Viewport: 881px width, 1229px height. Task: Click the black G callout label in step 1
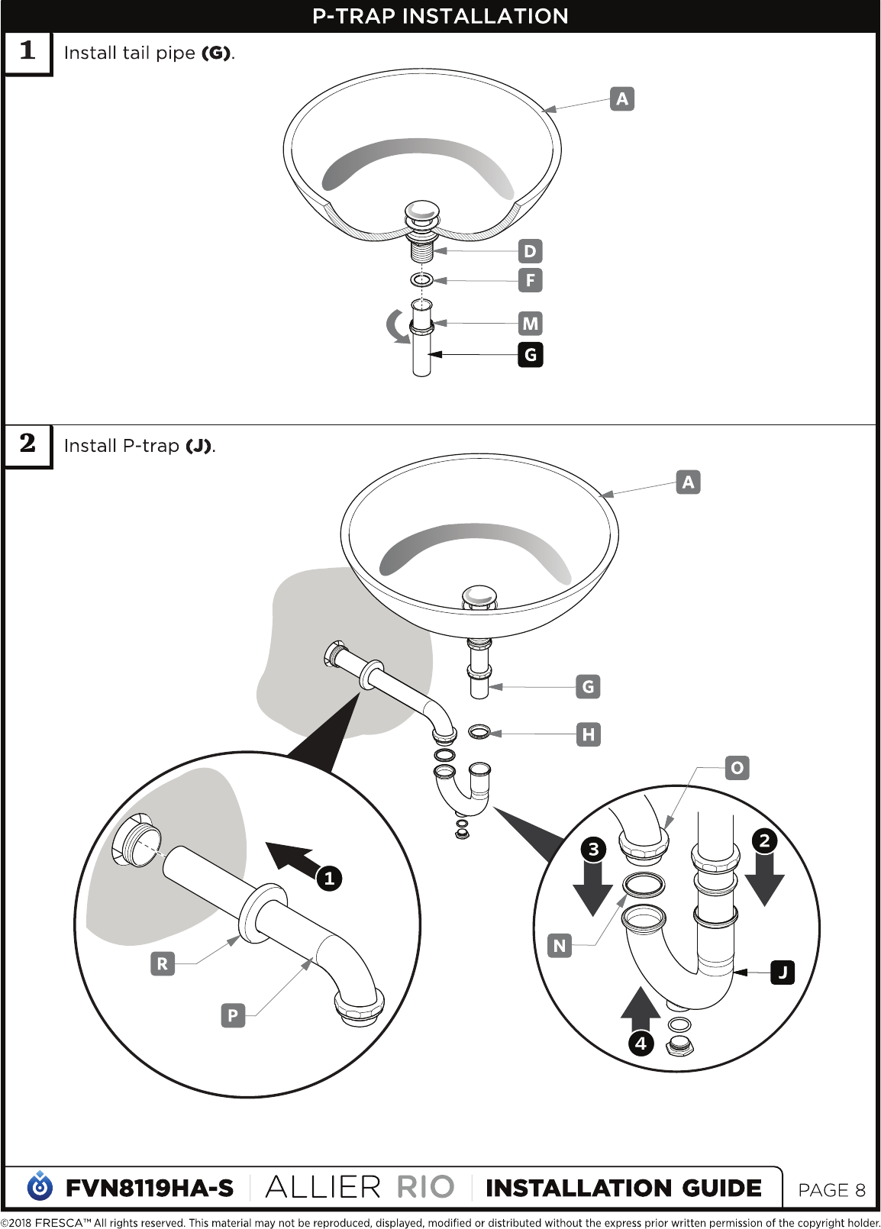point(531,354)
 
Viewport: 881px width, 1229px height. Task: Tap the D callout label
point(531,251)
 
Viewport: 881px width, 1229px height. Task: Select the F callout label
point(531,280)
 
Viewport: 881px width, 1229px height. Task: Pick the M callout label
point(531,323)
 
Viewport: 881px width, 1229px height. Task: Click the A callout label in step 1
point(622,98)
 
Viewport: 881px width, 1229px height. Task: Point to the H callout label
point(589,734)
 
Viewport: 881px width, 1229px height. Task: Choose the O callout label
point(737,768)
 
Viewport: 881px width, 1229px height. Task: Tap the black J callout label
point(783,973)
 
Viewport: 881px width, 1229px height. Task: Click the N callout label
point(560,946)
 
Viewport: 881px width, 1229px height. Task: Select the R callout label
point(163,964)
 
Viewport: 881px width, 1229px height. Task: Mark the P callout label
point(233,1015)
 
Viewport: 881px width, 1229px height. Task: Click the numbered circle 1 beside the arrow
point(329,879)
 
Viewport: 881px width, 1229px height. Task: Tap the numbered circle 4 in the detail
point(641,1043)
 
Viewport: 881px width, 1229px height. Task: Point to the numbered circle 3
point(593,850)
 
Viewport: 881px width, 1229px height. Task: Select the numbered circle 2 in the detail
point(765,841)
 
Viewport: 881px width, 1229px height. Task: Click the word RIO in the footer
point(426,1188)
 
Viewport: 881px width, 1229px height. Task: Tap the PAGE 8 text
point(831,1190)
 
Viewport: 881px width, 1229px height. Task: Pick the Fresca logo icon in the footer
point(40,1185)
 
